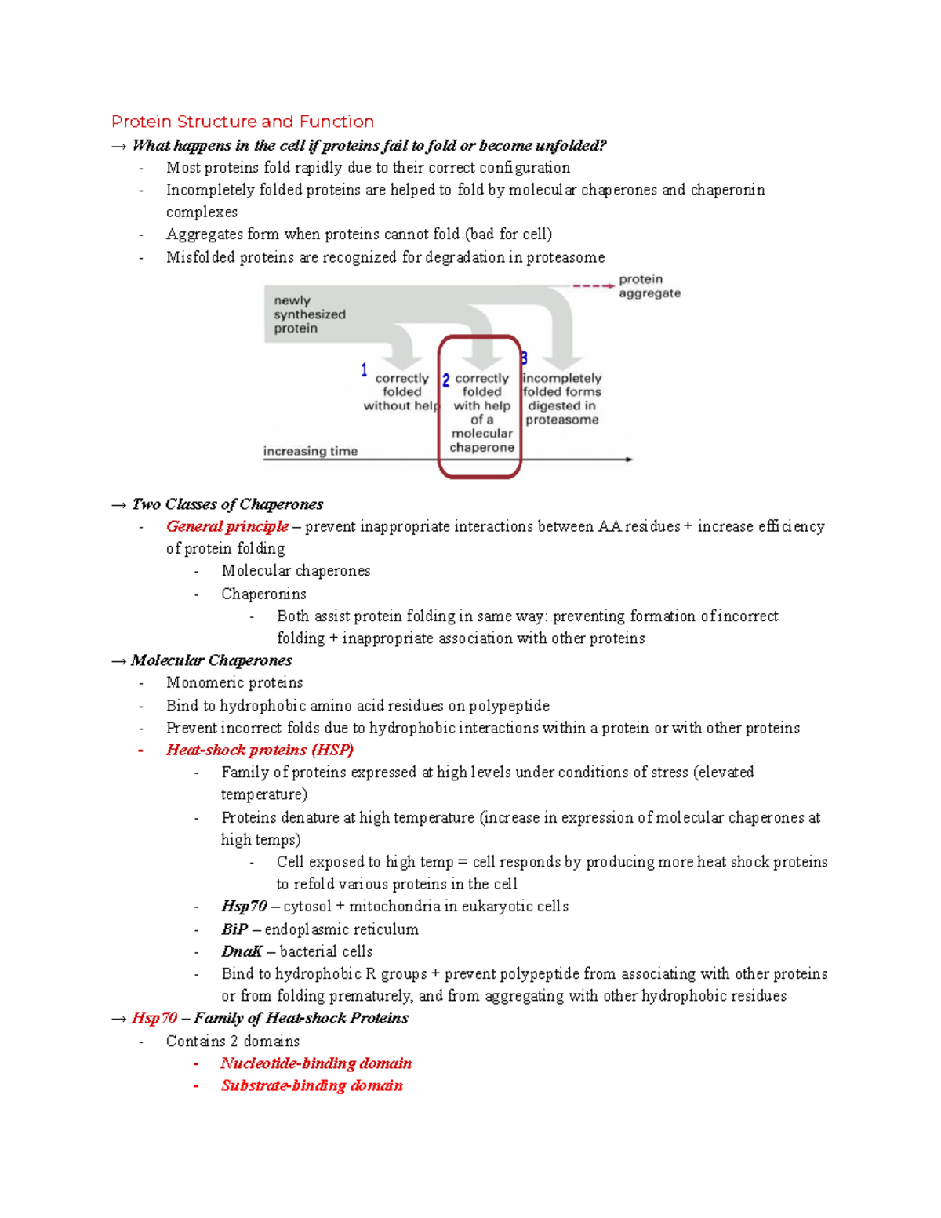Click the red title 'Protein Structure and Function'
pyautogui.click(x=242, y=122)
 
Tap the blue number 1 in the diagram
pyautogui.click(x=364, y=370)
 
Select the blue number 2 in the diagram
pyautogui.click(x=445, y=380)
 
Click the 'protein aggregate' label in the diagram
pyautogui.click(x=649, y=286)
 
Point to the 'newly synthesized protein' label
pyautogui.click(x=309, y=314)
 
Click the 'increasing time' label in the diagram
pyautogui.click(x=311, y=451)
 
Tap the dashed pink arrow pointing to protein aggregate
pyautogui.click(x=593, y=286)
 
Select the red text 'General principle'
pyautogui.click(x=227, y=526)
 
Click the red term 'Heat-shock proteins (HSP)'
pyautogui.click(x=260, y=750)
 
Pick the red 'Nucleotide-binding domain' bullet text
pyautogui.click(x=316, y=1063)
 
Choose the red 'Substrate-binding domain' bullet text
pyautogui.click(x=311, y=1085)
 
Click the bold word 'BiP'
pyautogui.click(x=234, y=929)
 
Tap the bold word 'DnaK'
pyautogui.click(x=242, y=951)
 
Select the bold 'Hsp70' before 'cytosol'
pyautogui.click(x=244, y=907)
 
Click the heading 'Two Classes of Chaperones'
pyautogui.click(x=227, y=504)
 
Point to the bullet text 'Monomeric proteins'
pyautogui.click(x=234, y=682)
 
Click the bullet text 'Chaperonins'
pyautogui.click(x=263, y=594)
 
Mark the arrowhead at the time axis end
pyautogui.click(x=629, y=460)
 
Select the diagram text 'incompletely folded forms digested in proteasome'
pyautogui.click(x=561, y=399)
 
